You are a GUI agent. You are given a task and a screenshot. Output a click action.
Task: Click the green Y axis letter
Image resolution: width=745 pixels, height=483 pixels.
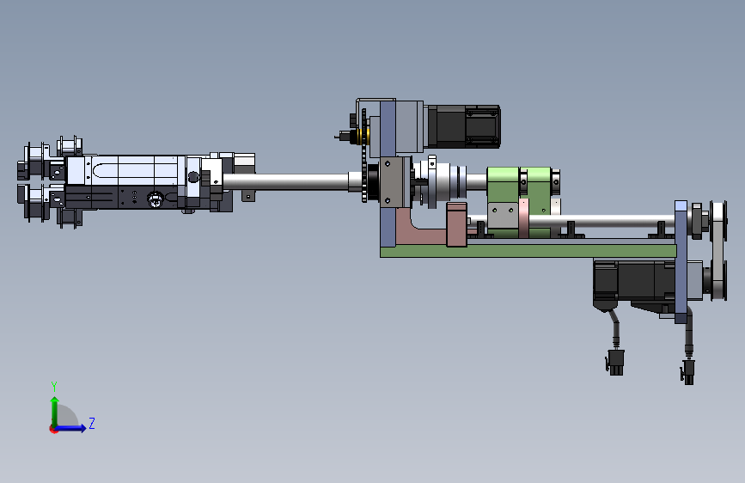(54, 386)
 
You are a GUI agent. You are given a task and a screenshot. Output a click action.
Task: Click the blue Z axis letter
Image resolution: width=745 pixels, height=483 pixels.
(92, 423)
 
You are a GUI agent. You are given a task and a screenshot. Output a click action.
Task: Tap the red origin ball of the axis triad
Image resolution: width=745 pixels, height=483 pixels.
(53, 429)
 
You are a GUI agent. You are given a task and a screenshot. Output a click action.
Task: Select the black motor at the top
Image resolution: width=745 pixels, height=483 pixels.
(464, 126)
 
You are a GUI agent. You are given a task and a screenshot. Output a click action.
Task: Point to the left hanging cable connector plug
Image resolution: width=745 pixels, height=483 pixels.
(614, 363)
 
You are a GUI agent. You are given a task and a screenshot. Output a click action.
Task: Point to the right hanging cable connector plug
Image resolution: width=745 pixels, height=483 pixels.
(687, 372)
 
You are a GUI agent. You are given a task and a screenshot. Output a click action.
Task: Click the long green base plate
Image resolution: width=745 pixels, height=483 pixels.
(528, 251)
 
